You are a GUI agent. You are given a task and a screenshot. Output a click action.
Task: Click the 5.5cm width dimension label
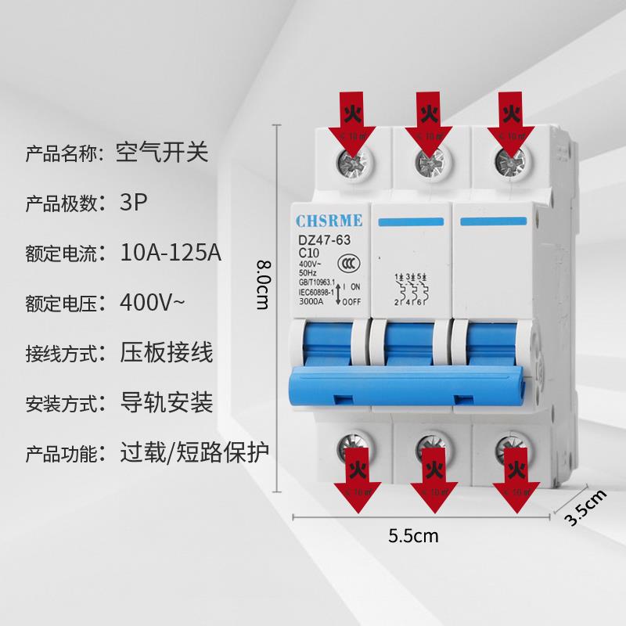point(413,536)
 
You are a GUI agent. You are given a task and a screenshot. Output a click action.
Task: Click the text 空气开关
point(162,151)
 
